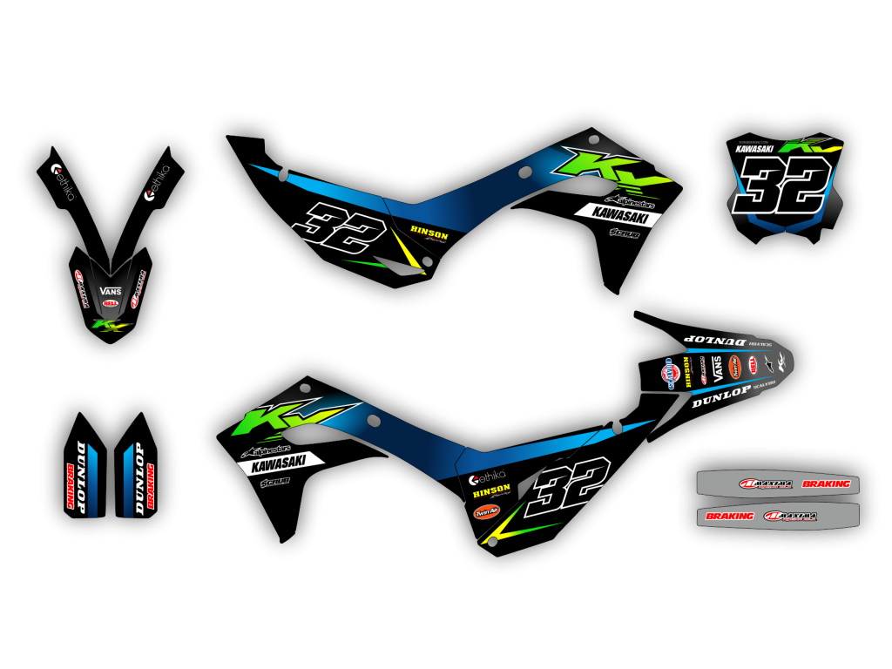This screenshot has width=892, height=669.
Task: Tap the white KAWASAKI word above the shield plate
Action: point(754,149)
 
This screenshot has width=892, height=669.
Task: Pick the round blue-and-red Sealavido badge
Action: point(670,373)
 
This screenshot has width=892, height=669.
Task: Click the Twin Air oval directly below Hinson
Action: point(485,512)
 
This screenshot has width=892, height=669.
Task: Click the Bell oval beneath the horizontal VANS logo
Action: point(111,302)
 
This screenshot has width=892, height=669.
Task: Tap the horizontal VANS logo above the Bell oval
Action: point(110,291)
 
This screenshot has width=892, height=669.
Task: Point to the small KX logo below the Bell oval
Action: point(111,327)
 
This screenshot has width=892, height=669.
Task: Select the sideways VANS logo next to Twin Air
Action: point(719,368)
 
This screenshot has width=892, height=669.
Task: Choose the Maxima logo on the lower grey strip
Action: point(789,516)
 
